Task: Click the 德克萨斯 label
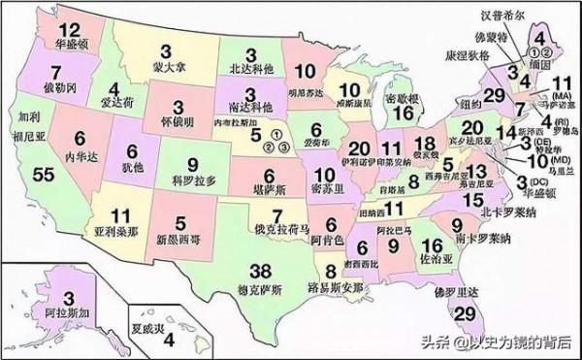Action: pos(233,289)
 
